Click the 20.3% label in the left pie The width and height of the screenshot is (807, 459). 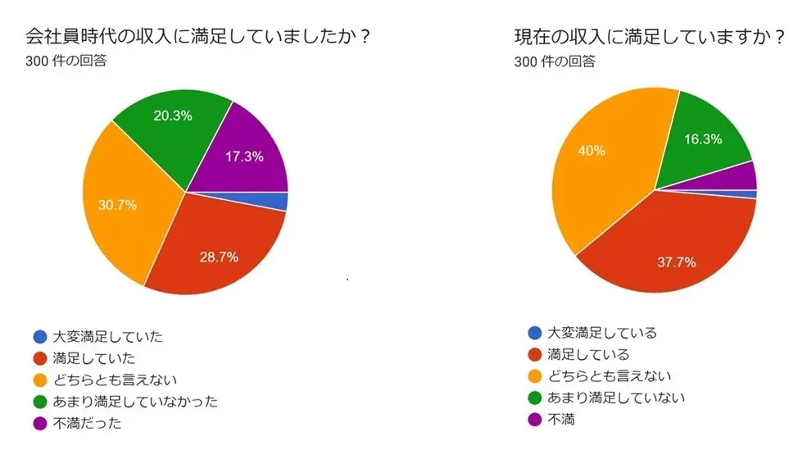pyautogui.click(x=173, y=116)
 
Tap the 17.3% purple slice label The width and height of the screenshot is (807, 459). pyautogui.click(x=243, y=157)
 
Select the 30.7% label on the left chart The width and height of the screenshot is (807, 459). pyautogui.click(x=116, y=205)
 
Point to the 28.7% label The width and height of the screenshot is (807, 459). pyautogui.click(x=219, y=257)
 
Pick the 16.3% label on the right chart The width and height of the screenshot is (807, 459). pyautogui.click(x=703, y=139)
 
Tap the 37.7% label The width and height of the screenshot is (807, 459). pyautogui.click(x=677, y=262)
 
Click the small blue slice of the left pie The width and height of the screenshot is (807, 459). pyautogui.click(x=279, y=202)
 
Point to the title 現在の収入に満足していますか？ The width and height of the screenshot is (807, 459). pyautogui.click(x=651, y=37)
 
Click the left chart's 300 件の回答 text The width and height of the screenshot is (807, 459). pyautogui.click(x=66, y=61)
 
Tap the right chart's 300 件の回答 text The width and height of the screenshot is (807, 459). pyautogui.click(x=555, y=61)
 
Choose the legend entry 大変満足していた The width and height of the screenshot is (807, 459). pyautogui.click(x=108, y=336)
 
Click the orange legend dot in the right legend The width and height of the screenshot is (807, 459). pyautogui.click(x=535, y=376)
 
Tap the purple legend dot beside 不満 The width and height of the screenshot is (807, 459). pyautogui.click(x=535, y=420)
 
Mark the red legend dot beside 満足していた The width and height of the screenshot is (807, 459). pyautogui.click(x=39, y=358)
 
